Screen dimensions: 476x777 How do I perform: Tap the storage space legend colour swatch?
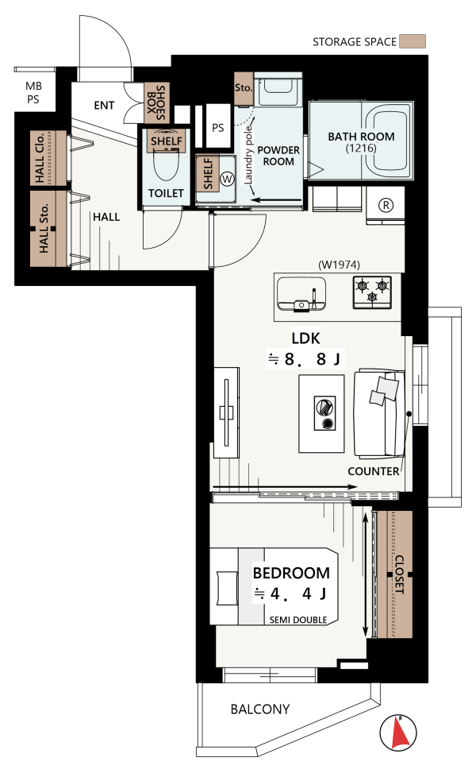[x=413, y=41]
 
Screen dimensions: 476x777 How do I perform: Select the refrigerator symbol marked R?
[x=386, y=205]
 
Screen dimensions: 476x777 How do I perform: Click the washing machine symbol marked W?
[x=227, y=179]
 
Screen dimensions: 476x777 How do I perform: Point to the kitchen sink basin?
[x=301, y=293]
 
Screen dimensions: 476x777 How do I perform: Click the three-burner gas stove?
[x=372, y=292]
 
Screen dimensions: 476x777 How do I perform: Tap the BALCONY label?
[x=260, y=709]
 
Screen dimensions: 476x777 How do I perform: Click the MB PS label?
[x=33, y=93]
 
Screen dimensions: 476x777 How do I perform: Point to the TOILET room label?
[x=167, y=193]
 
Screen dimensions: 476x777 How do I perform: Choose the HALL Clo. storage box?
[x=48, y=157]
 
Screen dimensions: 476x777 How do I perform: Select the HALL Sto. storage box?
[x=48, y=229]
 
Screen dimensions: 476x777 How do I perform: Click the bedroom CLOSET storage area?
[x=394, y=574]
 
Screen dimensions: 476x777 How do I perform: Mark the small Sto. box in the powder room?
[x=244, y=89]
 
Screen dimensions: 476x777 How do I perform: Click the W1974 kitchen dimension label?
[x=339, y=265]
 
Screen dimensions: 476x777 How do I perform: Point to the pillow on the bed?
[x=228, y=588]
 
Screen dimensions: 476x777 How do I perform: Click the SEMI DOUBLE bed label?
[x=298, y=620]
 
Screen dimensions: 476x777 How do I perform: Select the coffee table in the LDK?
[x=321, y=413]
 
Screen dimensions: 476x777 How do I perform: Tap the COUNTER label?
[x=374, y=471]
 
